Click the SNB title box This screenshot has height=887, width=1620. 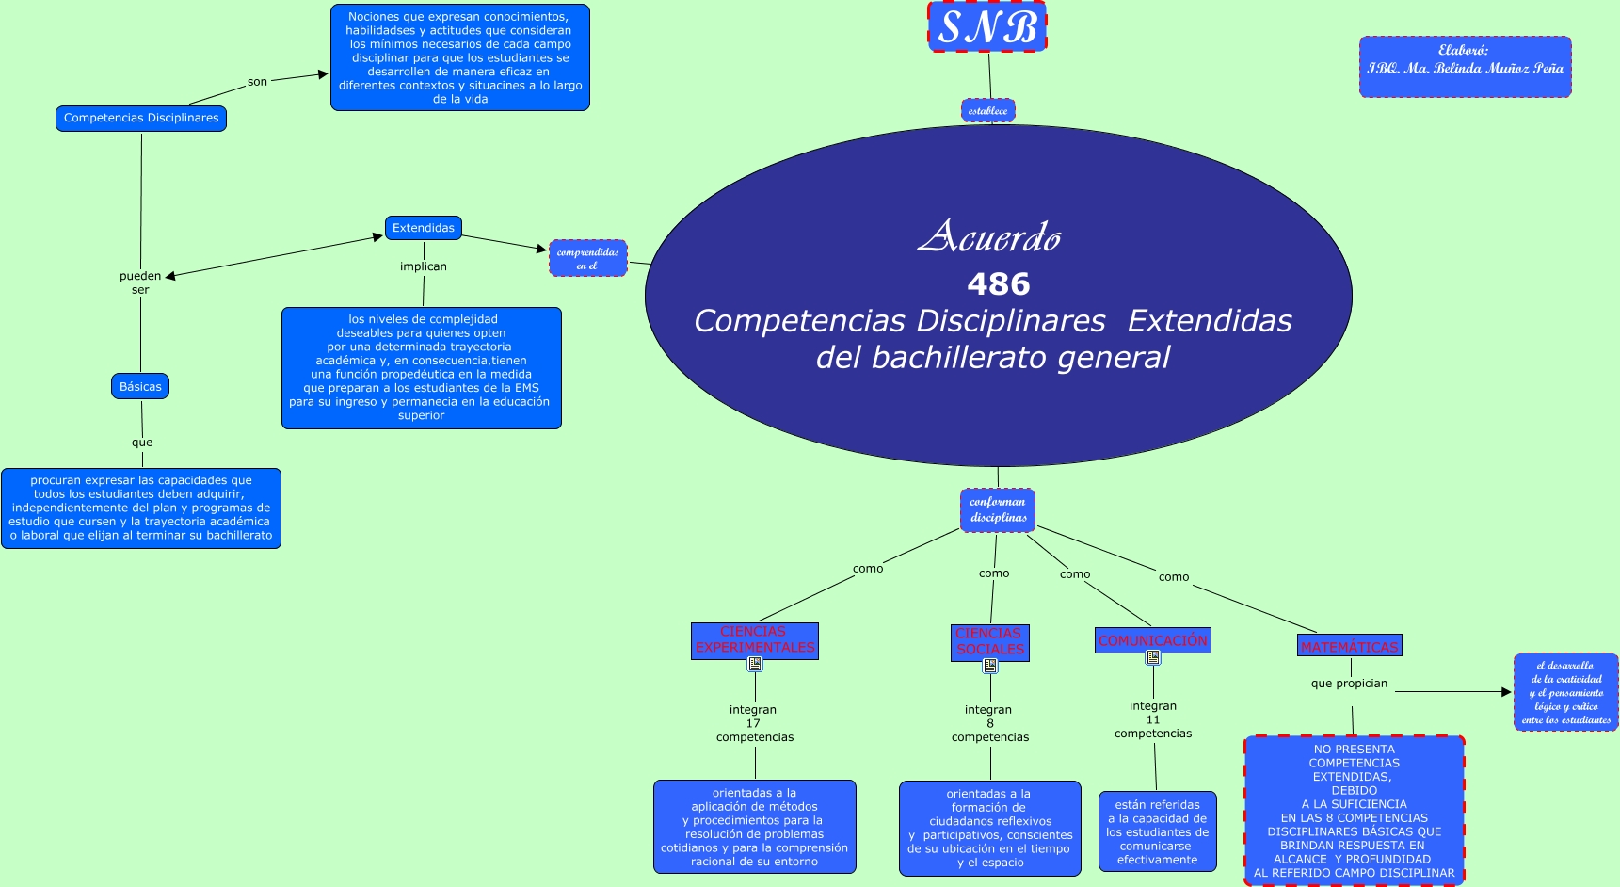[987, 26]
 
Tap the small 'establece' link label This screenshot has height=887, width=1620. [987, 110]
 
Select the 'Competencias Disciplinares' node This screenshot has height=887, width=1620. [141, 118]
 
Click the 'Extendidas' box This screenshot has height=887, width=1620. [423, 228]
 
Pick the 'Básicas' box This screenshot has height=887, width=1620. [140, 386]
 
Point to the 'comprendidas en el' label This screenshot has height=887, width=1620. [587, 258]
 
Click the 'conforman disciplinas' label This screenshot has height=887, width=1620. [998, 509]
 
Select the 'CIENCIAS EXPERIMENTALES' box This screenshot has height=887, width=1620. [754, 640]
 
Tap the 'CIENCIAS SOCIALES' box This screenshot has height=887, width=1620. [989, 642]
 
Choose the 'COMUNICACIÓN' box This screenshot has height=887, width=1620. [1152, 640]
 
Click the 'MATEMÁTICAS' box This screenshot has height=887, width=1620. [1349, 646]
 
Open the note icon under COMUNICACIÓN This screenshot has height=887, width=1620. [1153, 657]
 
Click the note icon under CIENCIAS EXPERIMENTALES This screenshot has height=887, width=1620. [755, 664]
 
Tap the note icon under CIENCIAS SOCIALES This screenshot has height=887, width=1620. [990, 666]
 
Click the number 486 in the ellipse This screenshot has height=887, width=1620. [998, 283]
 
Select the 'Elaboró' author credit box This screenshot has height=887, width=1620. [1465, 67]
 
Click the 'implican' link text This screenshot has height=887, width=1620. [423, 266]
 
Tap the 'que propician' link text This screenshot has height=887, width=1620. [1349, 684]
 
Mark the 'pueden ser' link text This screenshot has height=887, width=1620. [140, 282]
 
